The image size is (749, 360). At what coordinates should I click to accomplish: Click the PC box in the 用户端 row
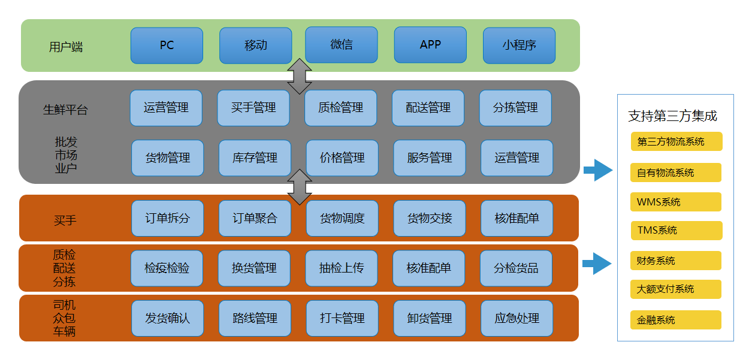[167, 46]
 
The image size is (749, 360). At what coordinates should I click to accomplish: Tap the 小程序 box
[519, 46]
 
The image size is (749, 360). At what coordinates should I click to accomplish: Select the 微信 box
[342, 45]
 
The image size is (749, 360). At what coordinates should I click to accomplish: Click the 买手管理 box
[253, 108]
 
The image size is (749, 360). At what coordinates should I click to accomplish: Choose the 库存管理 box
[255, 158]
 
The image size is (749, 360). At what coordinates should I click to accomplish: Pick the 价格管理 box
[342, 158]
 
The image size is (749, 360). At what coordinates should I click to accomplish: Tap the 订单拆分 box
[167, 218]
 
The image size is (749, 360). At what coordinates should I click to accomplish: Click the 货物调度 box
[342, 218]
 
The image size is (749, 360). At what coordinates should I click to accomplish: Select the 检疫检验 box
[167, 268]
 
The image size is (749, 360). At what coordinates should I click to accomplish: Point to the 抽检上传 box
[342, 268]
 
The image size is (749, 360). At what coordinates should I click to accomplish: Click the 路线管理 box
[255, 318]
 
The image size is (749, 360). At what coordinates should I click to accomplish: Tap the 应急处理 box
[517, 318]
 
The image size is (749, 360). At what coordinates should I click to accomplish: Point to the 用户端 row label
[66, 47]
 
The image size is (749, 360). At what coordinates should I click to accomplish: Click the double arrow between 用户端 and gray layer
[300, 76]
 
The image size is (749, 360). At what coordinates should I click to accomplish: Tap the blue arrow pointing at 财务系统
[597, 262]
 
